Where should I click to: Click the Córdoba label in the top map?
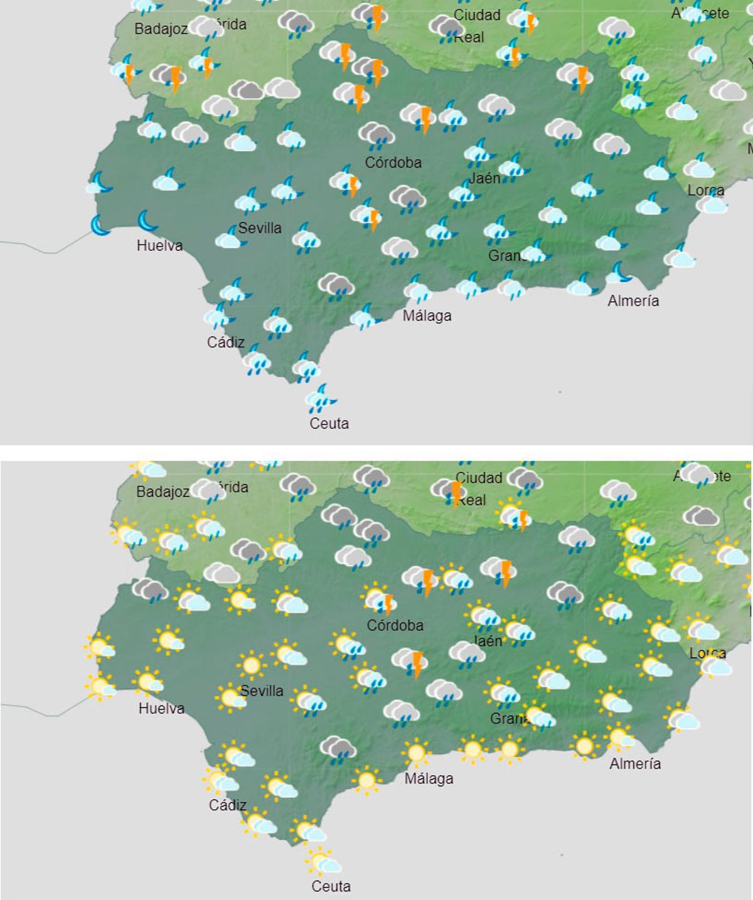[393, 163]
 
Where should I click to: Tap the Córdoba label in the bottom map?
[395, 625]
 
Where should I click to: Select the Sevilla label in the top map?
[260, 228]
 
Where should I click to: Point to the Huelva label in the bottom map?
[161, 709]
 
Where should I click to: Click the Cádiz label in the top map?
[226, 343]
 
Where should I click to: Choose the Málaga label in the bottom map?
[429, 779]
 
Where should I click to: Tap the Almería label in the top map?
[633, 301]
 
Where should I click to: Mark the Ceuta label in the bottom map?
[331, 886]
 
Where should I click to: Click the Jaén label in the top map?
[485, 178]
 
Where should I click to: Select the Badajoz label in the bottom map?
[163, 492]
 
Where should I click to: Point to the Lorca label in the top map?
[706, 190]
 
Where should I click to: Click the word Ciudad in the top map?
[477, 15]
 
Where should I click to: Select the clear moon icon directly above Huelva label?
[148, 222]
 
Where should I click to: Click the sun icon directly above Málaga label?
[416, 753]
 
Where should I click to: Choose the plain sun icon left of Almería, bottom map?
[585, 746]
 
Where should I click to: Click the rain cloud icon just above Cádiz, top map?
[217, 316]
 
